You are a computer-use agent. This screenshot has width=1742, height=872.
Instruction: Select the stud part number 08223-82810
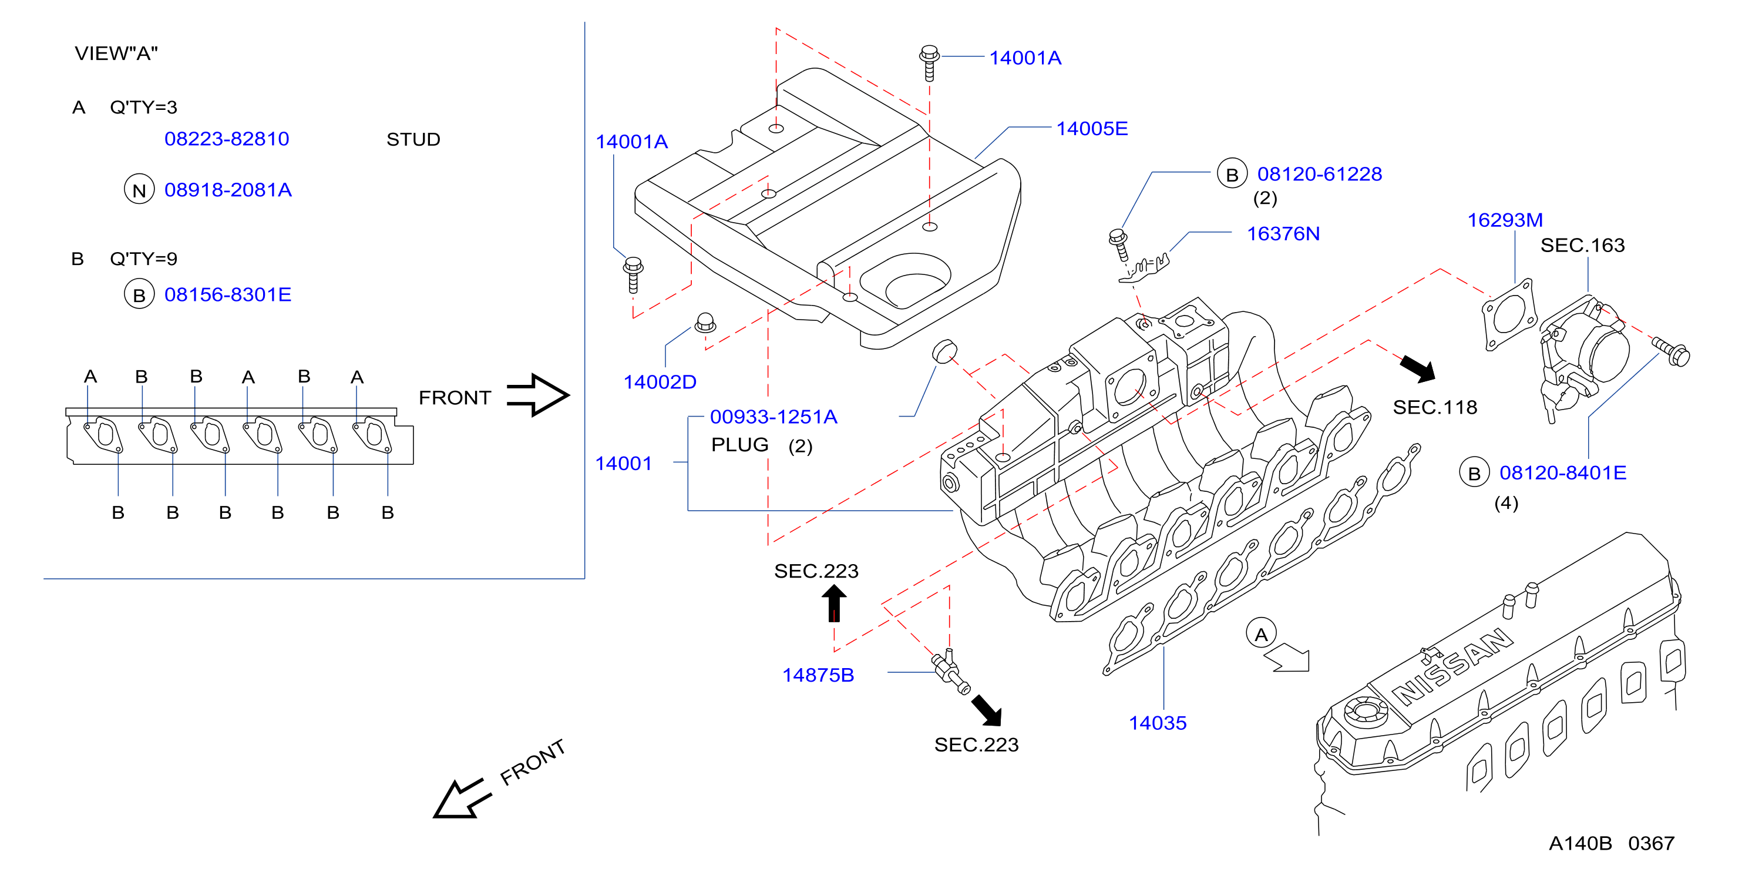[227, 139]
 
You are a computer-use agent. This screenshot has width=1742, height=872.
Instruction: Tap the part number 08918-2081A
[228, 189]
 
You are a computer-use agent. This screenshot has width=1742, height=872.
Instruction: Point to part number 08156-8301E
[228, 294]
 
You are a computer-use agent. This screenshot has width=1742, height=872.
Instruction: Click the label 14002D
[660, 382]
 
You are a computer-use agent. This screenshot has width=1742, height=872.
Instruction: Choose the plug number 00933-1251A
[774, 417]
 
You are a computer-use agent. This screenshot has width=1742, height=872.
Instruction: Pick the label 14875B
[818, 675]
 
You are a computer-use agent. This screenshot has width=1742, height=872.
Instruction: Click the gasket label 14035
[1157, 723]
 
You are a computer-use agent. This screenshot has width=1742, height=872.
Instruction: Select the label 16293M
[1505, 220]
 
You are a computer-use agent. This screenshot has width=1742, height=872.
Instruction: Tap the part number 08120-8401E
[1563, 472]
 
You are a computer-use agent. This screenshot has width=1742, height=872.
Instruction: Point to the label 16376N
[1283, 233]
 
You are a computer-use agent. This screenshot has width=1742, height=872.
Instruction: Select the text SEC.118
[1435, 407]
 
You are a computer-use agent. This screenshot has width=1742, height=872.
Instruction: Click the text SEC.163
[1582, 245]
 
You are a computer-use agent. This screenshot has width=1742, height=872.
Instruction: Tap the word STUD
[413, 139]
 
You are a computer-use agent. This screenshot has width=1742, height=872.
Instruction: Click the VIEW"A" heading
[116, 53]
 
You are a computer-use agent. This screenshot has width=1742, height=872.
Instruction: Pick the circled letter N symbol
[139, 189]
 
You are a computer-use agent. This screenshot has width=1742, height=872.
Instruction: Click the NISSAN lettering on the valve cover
[1452, 666]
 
